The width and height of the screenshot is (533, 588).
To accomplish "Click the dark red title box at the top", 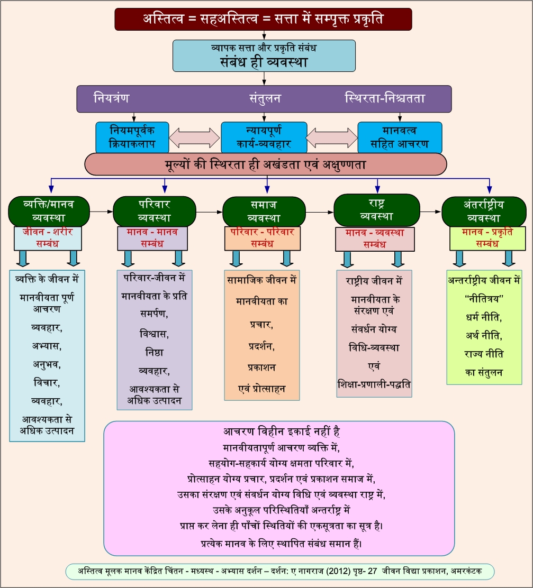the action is pyautogui.click(x=263, y=19).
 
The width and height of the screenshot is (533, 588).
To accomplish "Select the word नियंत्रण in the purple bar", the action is pyautogui.click(x=111, y=98).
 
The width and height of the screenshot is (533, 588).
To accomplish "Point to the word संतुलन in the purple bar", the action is pyautogui.click(x=265, y=98).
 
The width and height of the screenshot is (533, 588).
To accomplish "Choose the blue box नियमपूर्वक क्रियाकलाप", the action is pyautogui.click(x=132, y=137).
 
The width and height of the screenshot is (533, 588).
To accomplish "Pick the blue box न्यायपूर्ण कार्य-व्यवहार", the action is pyautogui.click(x=264, y=137).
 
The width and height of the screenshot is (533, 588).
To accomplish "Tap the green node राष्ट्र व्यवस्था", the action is pyautogui.click(x=376, y=210).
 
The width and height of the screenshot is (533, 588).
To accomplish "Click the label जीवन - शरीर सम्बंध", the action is pyautogui.click(x=48, y=238).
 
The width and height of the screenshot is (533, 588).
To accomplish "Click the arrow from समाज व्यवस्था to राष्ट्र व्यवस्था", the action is pyautogui.click(x=320, y=212).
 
